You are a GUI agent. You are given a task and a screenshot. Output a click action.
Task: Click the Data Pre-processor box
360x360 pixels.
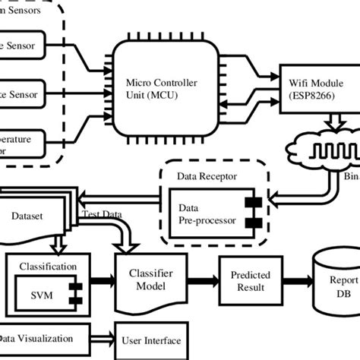[213, 213]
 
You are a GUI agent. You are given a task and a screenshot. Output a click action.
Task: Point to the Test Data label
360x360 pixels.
[102, 216]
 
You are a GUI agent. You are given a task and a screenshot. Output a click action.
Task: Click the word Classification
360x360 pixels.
[48, 267]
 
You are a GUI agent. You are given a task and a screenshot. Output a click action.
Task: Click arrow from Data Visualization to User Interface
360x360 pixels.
[103, 339]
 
